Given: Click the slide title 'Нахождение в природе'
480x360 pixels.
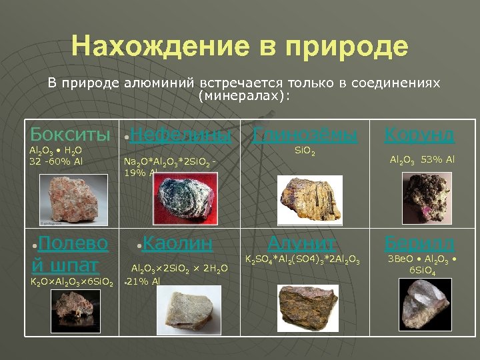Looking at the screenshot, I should point(239,47).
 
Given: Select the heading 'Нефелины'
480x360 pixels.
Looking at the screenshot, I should point(181,135).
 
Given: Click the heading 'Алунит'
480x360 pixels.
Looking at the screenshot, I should point(301,243).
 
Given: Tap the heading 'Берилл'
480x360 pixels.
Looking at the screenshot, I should point(419,243).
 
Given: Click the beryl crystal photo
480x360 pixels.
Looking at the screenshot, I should point(427,303).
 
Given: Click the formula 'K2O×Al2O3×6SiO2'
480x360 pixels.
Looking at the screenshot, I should point(73,283).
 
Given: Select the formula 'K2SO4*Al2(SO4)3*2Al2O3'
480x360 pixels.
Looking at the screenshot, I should point(303,259).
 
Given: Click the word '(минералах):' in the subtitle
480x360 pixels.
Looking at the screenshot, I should point(245,95).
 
